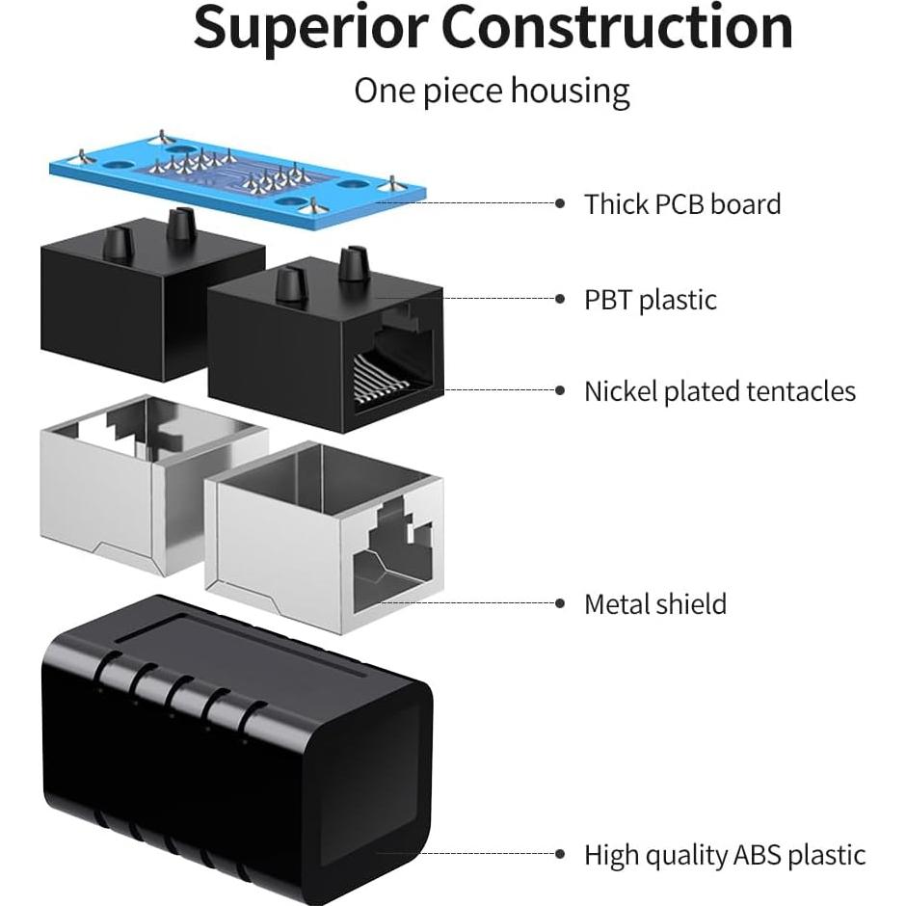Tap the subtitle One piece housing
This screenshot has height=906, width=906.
click(492, 92)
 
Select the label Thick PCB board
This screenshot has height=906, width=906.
click(682, 204)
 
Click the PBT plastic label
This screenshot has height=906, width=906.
click(651, 300)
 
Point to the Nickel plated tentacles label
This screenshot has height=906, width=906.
click(720, 391)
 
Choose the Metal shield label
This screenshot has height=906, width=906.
click(655, 604)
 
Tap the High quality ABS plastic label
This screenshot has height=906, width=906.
click(725, 855)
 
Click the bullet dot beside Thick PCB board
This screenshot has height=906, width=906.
click(561, 203)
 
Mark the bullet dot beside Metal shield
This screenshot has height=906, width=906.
click(561, 604)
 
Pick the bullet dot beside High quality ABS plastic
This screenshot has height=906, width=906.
click(561, 855)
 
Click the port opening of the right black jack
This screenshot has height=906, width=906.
click(395, 361)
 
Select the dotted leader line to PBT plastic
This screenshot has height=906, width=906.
click(463, 300)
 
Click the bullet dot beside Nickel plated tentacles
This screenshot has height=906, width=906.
click(561, 391)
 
